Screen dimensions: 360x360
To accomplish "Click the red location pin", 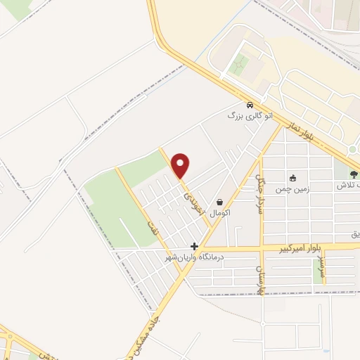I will [x=181, y=165].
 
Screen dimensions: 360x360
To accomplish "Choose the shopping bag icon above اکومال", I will [x=220, y=201].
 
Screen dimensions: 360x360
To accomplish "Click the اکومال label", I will [x=220, y=212].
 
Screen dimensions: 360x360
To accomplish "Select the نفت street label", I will [x=149, y=227].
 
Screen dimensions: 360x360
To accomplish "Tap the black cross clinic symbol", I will [x=194, y=247].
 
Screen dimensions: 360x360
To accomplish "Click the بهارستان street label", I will [x=259, y=279].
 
